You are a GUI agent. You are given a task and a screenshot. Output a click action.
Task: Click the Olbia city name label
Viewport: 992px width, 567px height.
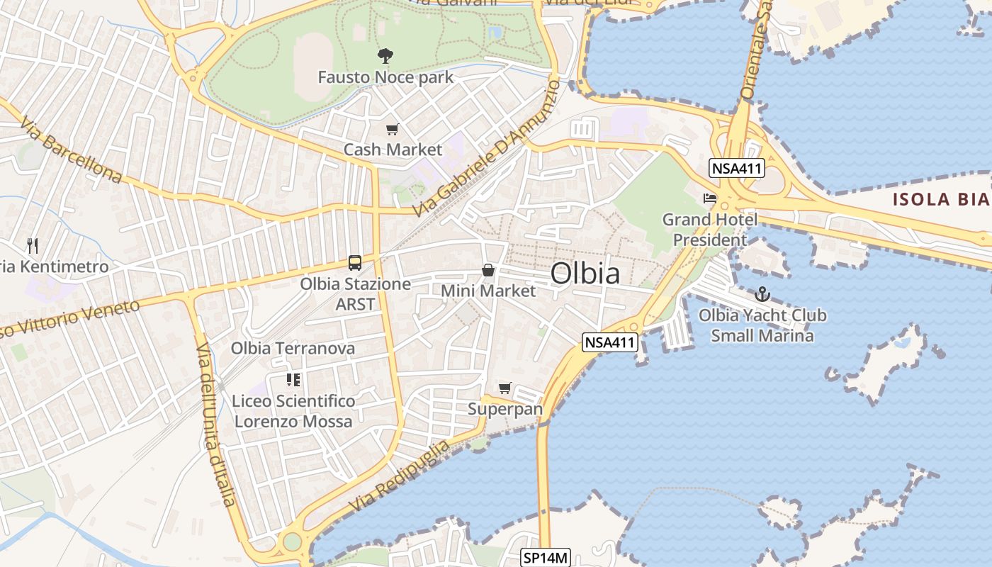click(x=585, y=274)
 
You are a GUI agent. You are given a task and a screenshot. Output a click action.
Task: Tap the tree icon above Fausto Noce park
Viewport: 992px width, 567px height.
click(x=385, y=55)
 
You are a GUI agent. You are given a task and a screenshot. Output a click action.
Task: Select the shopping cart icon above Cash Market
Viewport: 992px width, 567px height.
click(x=392, y=129)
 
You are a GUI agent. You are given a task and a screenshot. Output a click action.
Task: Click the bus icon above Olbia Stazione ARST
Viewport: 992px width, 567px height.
click(x=355, y=263)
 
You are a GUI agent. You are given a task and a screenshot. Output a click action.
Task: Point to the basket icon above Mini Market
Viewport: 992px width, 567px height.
click(x=488, y=270)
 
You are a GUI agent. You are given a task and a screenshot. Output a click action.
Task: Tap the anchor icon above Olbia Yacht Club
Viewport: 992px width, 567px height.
click(x=762, y=293)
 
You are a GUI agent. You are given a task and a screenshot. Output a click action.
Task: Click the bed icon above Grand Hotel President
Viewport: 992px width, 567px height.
click(x=710, y=198)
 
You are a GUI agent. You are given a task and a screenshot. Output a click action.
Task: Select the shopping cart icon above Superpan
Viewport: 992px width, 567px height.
click(x=505, y=388)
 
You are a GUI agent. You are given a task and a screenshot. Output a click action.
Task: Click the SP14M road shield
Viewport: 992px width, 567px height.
click(x=545, y=558)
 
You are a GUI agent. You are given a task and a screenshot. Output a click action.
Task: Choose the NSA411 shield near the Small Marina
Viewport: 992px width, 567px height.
click(x=610, y=343)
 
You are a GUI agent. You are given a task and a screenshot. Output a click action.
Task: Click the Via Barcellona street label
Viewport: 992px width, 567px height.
click(x=71, y=150)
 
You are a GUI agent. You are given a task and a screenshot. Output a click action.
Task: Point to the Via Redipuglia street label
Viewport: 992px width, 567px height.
click(x=399, y=477)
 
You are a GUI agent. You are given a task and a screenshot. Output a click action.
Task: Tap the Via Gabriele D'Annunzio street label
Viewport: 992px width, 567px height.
click(x=485, y=149)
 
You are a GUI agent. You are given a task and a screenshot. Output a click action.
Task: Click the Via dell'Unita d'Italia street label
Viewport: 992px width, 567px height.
click(x=215, y=425)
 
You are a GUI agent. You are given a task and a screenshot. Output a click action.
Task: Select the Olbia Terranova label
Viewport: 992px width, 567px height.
click(x=293, y=349)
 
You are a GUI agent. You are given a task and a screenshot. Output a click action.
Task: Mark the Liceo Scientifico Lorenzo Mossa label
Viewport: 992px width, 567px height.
click(x=293, y=411)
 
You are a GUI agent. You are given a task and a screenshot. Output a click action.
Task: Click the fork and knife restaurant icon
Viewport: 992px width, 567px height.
click(x=32, y=245)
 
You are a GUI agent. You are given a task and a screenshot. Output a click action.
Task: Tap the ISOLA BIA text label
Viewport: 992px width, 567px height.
click(x=941, y=199)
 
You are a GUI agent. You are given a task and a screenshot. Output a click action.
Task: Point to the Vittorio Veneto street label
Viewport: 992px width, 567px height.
click(x=71, y=319)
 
